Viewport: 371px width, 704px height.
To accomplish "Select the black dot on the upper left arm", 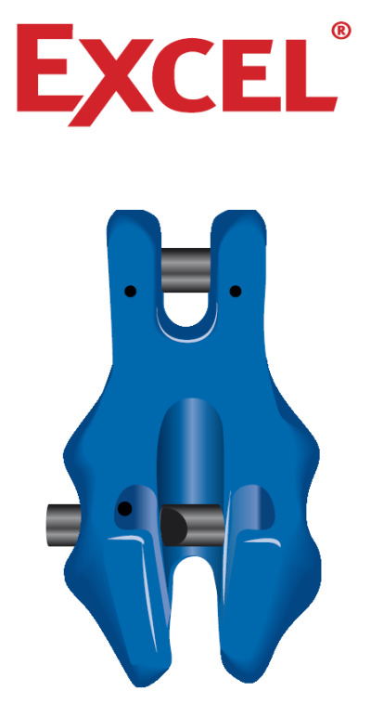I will click(132, 292).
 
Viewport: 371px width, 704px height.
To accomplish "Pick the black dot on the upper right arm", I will click(236, 292).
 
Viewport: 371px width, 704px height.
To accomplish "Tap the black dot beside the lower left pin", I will click(123, 508).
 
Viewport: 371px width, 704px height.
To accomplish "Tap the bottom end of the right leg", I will click(237, 676).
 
